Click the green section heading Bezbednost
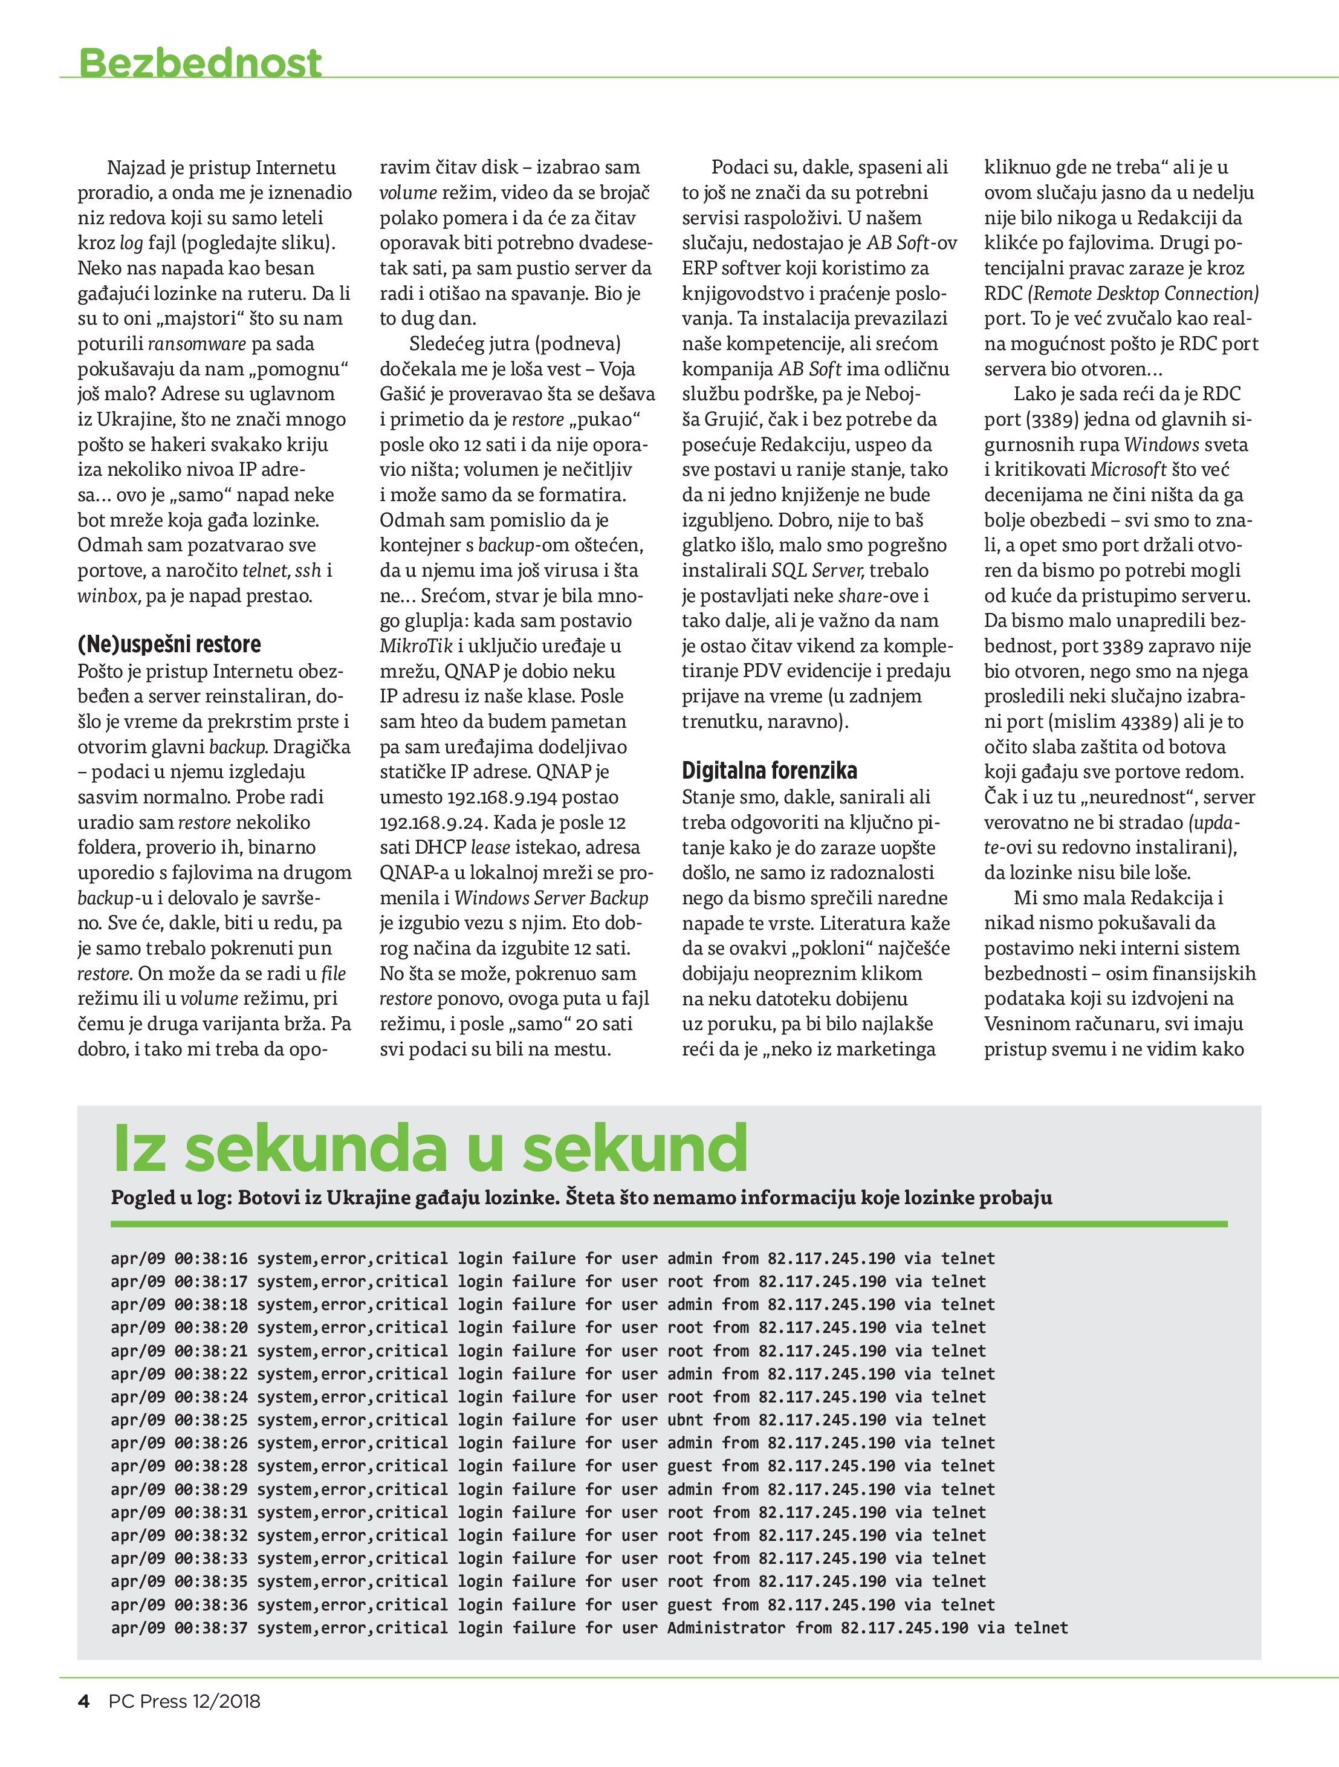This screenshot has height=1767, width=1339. (x=199, y=62)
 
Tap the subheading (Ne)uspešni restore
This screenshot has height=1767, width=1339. (x=169, y=644)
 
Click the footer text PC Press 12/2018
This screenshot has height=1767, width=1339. (x=184, y=1723)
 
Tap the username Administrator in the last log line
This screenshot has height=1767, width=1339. (x=726, y=1628)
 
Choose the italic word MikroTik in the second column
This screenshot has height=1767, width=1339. (x=415, y=646)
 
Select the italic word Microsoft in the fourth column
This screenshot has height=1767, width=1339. (x=1128, y=470)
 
